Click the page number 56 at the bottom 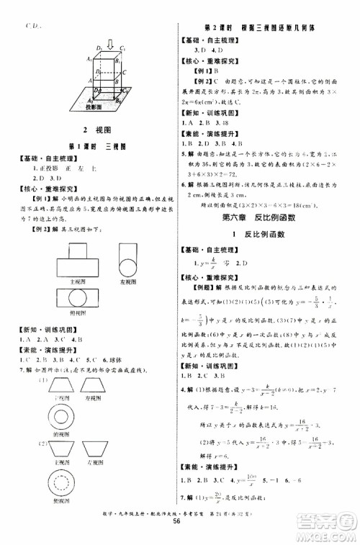[179, 536]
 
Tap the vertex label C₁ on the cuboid [125, 48]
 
